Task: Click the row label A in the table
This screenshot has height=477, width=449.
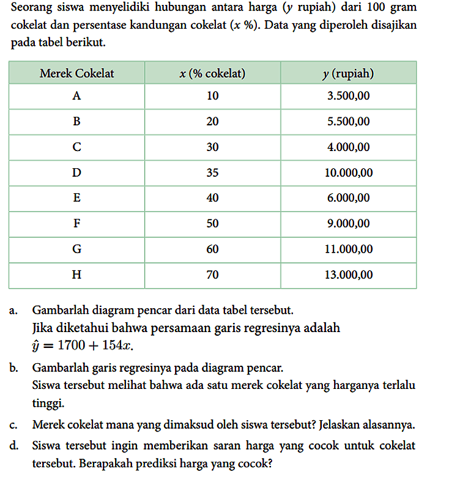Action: pyautogui.click(x=76, y=96)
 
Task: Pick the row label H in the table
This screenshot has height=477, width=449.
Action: pyautogui.click(x=76, y=275)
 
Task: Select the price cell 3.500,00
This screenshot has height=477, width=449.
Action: pyautogui.click(x=348, y=96)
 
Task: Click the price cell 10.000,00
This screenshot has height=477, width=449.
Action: pyautogui.click(x=348, y=172)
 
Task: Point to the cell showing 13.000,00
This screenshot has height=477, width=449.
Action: pyautogui.click(x=348, y=275)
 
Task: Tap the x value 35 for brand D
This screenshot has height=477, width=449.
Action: pyautogui.click(x=212, y=172)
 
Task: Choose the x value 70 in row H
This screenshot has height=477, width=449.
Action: pyautogui.click(x=212, y=275)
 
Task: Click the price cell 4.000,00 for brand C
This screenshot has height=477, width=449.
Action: pyautogui.click(x=348, y=147)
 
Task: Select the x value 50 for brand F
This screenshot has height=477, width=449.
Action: pyautogui.click(x=212, y=224)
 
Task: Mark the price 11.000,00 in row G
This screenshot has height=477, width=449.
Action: pyautogui.click(x=348, y=250)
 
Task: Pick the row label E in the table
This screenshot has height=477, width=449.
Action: pyautogui.click(x=76, y=198)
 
